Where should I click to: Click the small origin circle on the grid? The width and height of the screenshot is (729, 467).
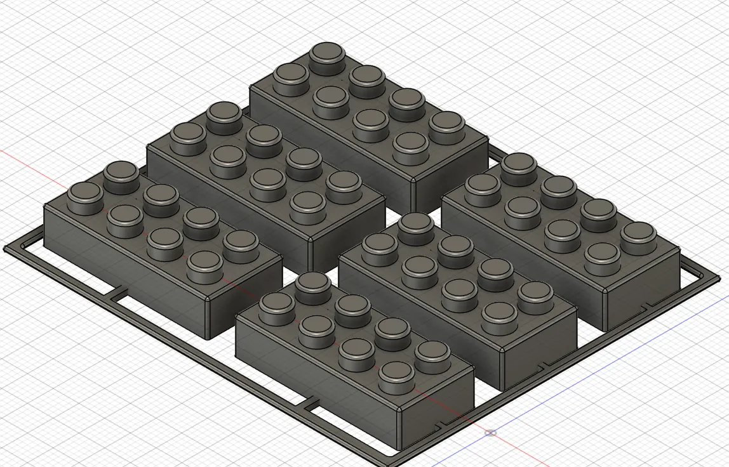(x=490, y=433)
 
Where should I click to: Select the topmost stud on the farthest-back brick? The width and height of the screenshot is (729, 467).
(x=327, y=53)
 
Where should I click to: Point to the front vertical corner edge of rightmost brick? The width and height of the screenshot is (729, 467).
(x=605, y=311)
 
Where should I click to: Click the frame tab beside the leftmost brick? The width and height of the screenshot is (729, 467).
(x=118, y=294)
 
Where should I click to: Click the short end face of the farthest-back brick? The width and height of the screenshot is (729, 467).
(x=451, y=178)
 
